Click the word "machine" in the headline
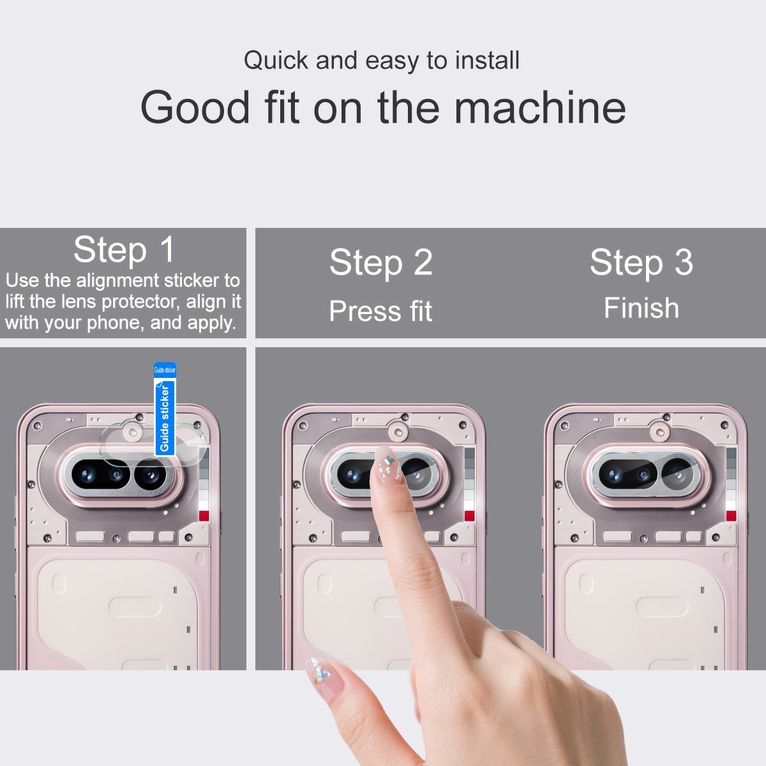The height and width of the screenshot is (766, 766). coord(540,107)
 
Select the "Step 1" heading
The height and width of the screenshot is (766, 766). coord(124,249)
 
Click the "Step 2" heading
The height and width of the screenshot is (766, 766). coord(380,262)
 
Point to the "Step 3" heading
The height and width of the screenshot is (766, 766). coord(641,262)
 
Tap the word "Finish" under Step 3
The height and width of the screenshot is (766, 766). coord(641,308)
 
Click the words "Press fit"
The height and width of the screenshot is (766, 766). coord(380,311)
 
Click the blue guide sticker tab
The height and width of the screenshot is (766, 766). coord(165,409)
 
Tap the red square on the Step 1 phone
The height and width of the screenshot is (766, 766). coord(204,516)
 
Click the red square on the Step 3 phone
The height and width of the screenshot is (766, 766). coord(731,516)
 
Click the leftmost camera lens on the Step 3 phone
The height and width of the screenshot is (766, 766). coord(614,475)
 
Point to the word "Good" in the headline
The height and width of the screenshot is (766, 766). coord(195,107)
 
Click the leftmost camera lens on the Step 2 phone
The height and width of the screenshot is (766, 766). coord(352,475)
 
